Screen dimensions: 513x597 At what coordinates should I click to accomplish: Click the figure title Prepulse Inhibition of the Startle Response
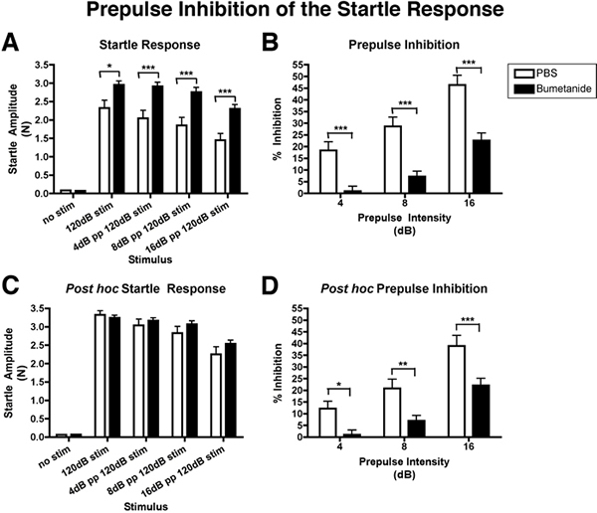[x=298, y=13]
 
